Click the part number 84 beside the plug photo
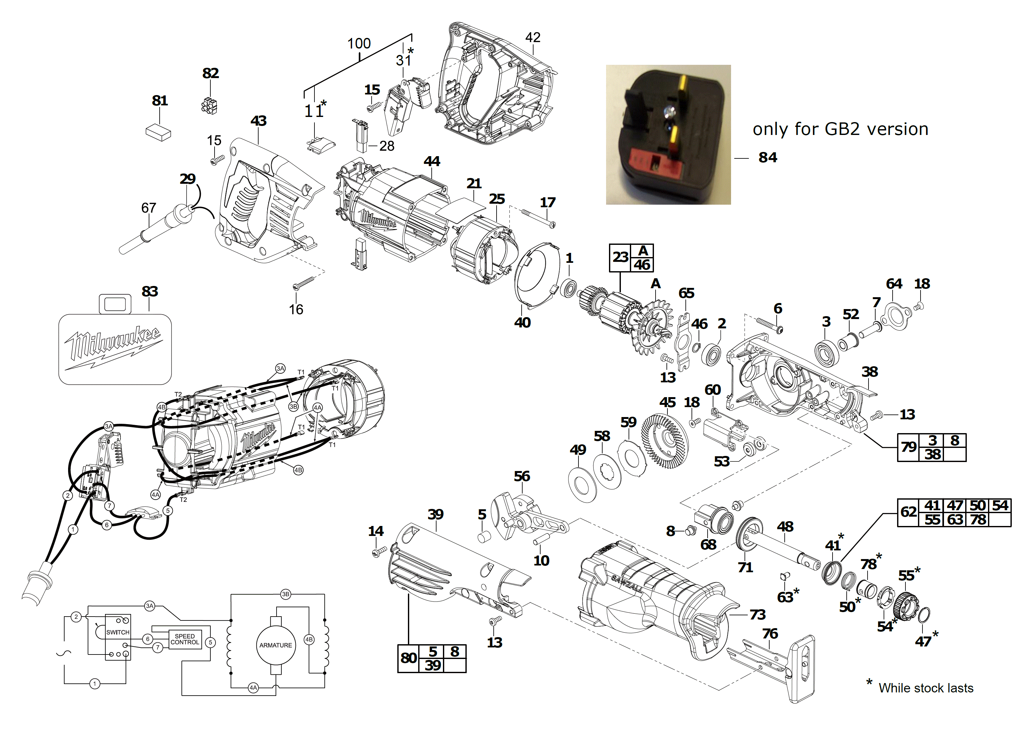pyautogui.click(x=767, y=158)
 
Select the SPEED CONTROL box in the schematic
pyautogui.click(x=185, y=639)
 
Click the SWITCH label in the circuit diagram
pyautogui.click(x=118, y=632)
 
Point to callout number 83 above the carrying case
pyautogui.click(x=150, y=291)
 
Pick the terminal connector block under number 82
pyautogui.click(x=209, y=105)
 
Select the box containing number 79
pyautogui.click(x=908, y=447)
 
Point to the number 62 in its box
pyautogui.click(x=908, y=512)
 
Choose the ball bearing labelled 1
pyautogui.click(x=569, y=288)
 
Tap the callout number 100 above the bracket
pyautogui.click(x=359, y=44)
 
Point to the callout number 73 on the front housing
pyautogui.click(x=757, y=614)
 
